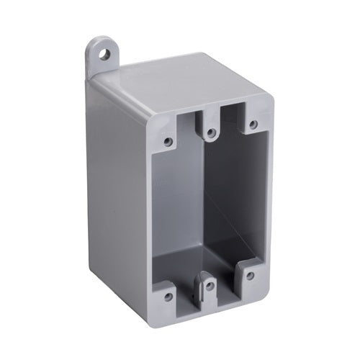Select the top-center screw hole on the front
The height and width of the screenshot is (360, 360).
[x=210, y=132]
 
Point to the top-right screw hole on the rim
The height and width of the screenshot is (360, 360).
[x=253, y=125]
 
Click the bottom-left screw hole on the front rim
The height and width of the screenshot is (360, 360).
[x=168, y=296]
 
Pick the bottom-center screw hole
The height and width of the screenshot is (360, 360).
[x=210, y=286]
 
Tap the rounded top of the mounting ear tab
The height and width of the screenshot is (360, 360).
[x=102, y=42]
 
